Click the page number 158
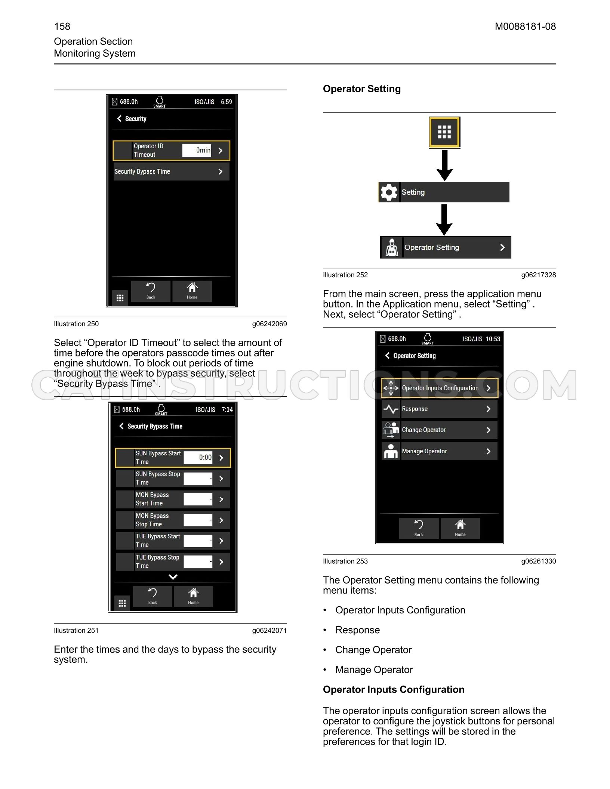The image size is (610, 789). pos(62,27)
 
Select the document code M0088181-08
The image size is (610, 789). pos(525,27)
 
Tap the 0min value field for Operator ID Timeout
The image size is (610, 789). pos(197,150)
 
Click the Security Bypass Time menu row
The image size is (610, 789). pos(172,171)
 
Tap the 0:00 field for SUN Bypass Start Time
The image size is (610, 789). pos(198,457)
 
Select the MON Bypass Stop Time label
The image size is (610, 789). pos(152,520)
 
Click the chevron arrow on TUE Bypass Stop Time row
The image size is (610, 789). pos(221,561)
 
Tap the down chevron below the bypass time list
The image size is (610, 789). pos(173,577)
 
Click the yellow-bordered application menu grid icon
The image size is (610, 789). pos(444,132)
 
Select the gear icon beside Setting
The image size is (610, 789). pos(389,192)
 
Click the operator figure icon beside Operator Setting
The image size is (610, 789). pos(392,247)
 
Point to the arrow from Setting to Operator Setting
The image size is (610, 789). pos(444,220)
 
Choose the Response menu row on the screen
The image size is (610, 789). pos(440,409)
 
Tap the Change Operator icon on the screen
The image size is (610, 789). pos(391,430)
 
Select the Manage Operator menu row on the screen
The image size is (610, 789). pos(440,451)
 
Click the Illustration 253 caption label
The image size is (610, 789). pos(345,561)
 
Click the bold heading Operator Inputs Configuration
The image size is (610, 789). pos(394,689)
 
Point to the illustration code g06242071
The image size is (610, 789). pos(269,631)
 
